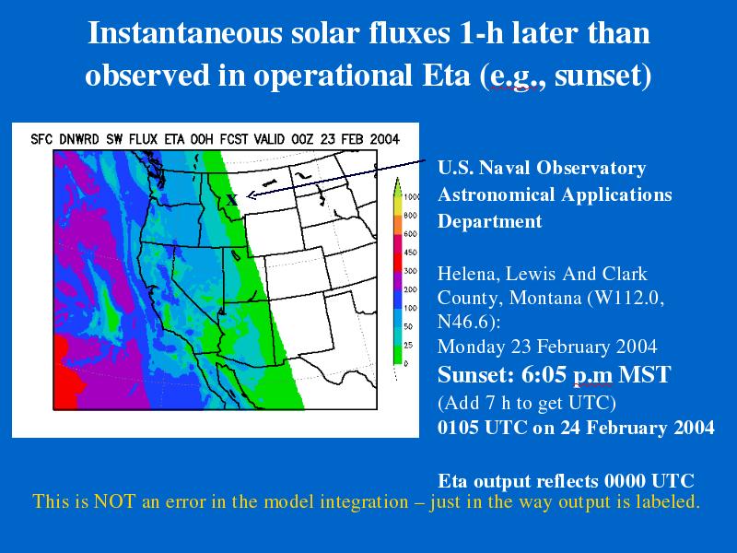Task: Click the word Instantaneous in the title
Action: click(x=185, y=33)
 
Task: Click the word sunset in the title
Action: click(x=597, y=76)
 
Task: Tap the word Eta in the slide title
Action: click(x=446, y=76)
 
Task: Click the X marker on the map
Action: click(x=232, y=200)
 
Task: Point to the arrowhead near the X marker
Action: click(x=251, y=195)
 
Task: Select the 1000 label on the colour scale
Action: click(x=412, y=197)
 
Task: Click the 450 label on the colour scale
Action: click(x=410, y=253)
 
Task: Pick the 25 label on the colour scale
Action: click(x=408, y=345)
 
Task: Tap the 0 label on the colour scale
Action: click(x=406, y=363)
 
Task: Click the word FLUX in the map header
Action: click(x=144, y=140)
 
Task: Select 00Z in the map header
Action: click(x=303, y=140)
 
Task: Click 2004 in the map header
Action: click(x=384, y=140)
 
